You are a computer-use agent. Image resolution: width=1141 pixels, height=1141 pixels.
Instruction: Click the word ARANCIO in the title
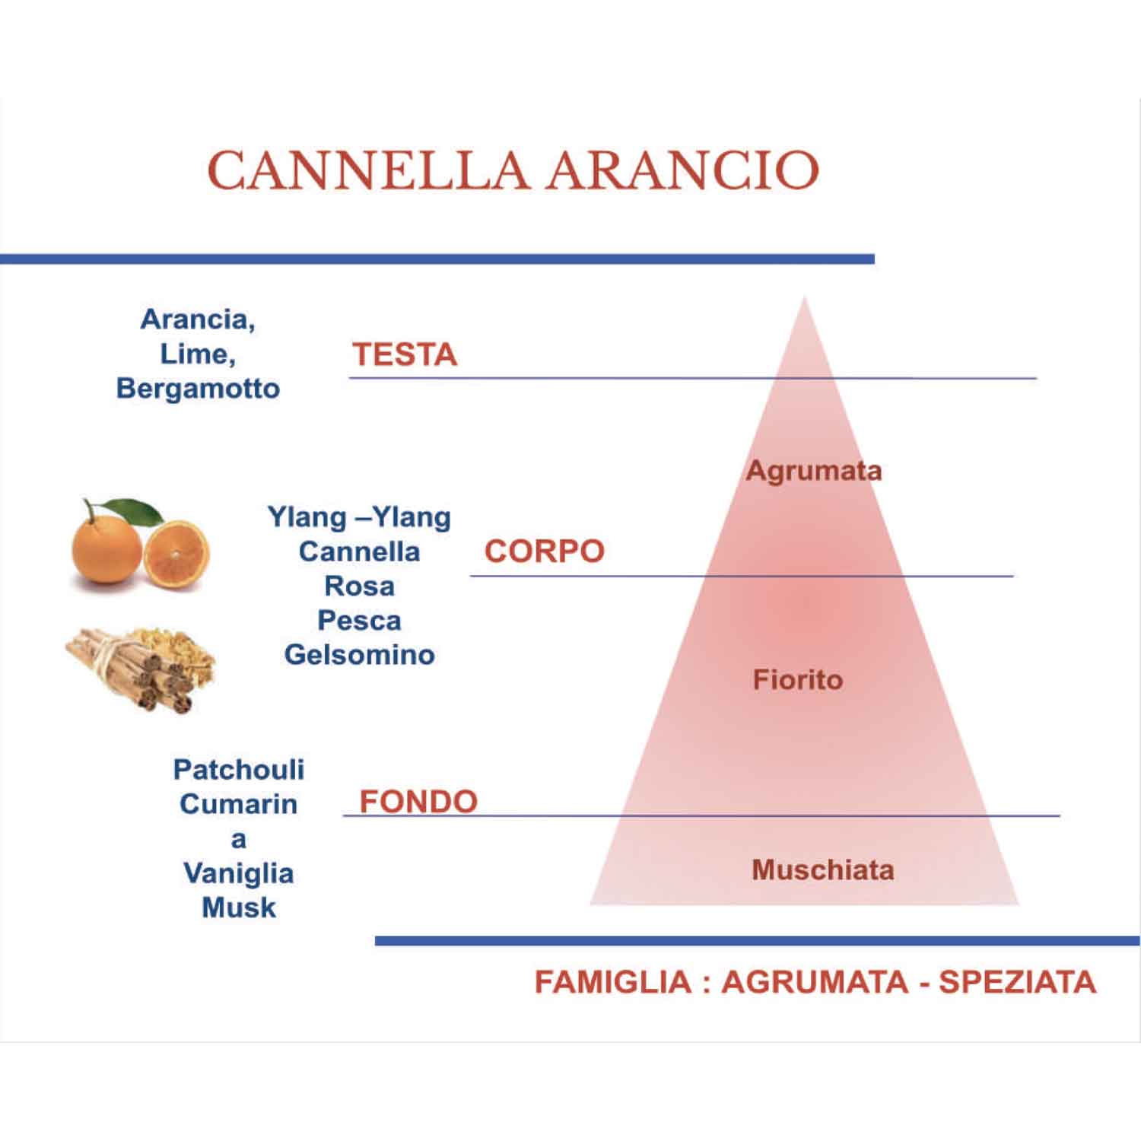(x=682, y=170)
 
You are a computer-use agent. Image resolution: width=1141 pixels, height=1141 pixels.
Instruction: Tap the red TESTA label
(x=404, y=354)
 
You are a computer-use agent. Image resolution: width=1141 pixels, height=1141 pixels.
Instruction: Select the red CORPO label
(x=544, y=551)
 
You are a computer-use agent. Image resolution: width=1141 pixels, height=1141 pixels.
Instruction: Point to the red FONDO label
(x=418, y=801)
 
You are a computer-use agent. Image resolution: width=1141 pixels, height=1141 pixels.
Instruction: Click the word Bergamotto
(x=198, y=388)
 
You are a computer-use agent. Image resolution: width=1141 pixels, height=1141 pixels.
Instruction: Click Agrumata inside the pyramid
(x=813, y=471)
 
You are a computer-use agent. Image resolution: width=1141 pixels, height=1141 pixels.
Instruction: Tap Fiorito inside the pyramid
(x=798, y=679)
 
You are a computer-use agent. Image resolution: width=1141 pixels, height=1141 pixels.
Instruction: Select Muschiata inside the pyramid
(x=822, y=869)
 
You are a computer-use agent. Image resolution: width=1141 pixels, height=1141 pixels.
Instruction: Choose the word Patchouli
(x=238, y=769)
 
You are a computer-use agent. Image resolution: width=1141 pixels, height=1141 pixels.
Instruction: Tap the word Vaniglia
(x=238, y=872)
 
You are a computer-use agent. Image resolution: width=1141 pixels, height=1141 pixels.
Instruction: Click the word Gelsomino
(x=359, y=654)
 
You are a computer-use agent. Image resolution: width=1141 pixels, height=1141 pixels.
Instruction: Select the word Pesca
(x=359, y=620)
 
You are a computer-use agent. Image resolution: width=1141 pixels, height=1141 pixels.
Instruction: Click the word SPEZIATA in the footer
(x=1017, y=981)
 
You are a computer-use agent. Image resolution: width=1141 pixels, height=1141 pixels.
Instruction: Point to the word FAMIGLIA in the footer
(x=612, y=981)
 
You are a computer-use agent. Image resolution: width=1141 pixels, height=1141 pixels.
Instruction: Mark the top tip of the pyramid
(x=804, y=299)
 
